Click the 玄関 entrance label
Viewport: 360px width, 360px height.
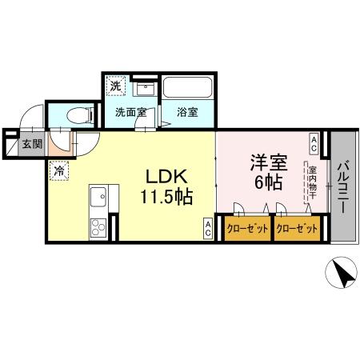[31, 144]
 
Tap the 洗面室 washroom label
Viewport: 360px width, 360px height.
[130, 112]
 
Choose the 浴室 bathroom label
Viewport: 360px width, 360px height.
[187, 112]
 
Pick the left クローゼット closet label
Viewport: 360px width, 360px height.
[246, 229]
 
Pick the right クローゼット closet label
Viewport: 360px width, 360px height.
[297, 229]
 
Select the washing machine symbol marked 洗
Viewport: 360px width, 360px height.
[116, 86]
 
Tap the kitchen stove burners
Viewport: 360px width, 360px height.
[100, 226]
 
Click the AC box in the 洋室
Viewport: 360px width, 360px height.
[314, 144]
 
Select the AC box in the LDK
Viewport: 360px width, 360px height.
[207, 228]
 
